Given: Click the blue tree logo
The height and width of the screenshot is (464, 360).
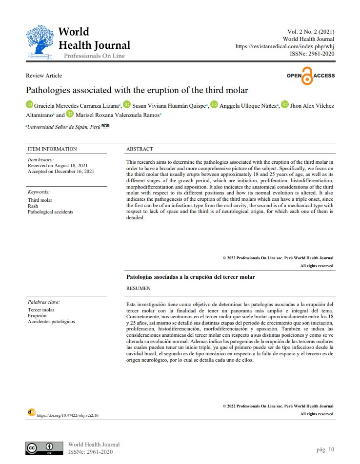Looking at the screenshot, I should point(40,43).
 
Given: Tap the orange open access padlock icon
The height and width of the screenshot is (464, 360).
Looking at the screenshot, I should point(307,76).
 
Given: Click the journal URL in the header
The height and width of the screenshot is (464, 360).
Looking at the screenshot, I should point(285,46).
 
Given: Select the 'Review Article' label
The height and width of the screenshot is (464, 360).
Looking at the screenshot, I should point(44,76).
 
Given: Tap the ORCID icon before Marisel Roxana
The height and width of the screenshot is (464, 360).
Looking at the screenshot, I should point(70,114).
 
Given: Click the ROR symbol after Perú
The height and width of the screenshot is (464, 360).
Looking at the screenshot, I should point(105,126).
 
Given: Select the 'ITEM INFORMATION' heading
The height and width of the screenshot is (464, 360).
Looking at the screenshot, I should point(52,149).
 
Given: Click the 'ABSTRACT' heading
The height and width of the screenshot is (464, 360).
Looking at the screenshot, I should point(140,149).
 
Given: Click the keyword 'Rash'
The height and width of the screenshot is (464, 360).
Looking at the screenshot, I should point(33,206).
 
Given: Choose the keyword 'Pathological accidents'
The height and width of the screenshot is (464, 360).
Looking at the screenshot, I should point(50,212).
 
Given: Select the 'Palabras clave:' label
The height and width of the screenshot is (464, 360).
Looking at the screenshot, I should point(43,302).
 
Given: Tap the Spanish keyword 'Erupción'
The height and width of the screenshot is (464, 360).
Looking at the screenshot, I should point(37,316).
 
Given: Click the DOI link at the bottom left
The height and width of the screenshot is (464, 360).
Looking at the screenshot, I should point(68,415).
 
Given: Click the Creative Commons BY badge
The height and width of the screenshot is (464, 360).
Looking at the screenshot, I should point(44,448).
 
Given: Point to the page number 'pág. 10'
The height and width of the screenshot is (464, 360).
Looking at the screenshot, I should point(325,449).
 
